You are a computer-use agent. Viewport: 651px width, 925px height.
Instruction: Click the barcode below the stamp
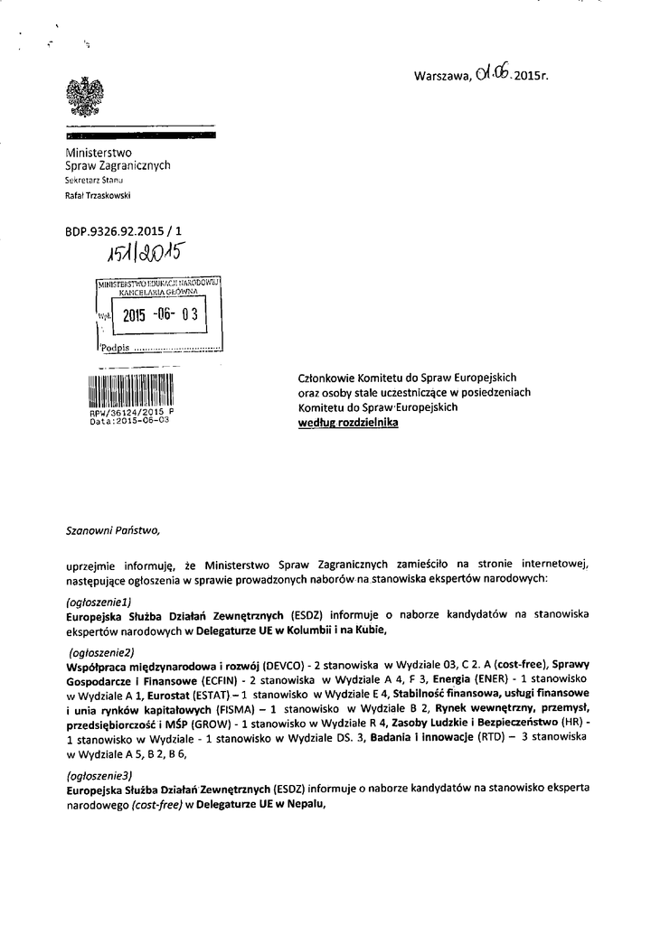(128, 391)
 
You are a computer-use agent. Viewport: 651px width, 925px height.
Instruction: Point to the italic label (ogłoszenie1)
(100, 601)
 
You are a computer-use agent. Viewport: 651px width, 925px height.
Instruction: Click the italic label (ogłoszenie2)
(102, 651)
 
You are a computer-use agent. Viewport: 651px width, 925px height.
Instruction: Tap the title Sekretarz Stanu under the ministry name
(93, 181)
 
